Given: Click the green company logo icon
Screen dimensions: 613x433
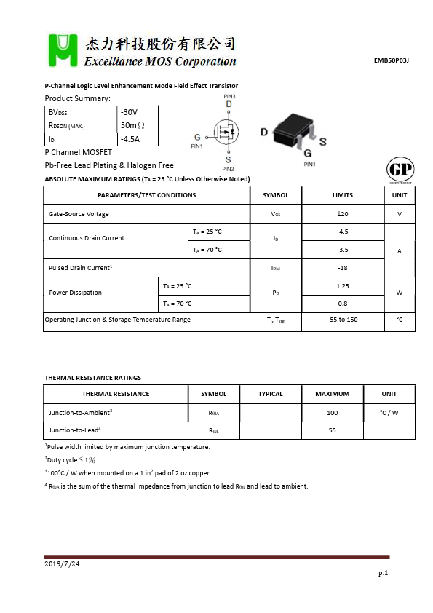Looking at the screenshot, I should point(60,50).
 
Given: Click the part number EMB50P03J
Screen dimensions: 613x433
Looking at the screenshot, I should point(391,60).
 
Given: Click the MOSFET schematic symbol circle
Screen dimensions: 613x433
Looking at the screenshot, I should point(226,132).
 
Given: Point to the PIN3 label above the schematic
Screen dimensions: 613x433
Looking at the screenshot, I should point(229,96).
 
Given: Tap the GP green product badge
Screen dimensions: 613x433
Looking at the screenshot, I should point(397,170).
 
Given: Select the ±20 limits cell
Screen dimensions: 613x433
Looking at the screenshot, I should point(342,214).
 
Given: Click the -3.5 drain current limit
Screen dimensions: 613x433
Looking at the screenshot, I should point(342,250).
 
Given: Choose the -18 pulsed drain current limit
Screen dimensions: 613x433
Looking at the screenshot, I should point(342,268).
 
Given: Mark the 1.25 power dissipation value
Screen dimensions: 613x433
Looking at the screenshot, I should point(342,286).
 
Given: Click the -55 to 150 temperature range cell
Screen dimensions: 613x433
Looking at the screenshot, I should point(342,320).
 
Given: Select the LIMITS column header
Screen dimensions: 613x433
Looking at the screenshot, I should point(342,195).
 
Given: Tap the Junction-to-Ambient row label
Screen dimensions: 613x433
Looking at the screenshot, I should point(80,412).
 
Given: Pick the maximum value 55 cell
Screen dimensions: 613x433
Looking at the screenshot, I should point(332,430).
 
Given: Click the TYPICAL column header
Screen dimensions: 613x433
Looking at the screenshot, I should point(271,394).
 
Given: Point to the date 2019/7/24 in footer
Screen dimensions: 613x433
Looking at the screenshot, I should point(63,564).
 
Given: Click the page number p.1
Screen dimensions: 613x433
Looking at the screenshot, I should point(383,574).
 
